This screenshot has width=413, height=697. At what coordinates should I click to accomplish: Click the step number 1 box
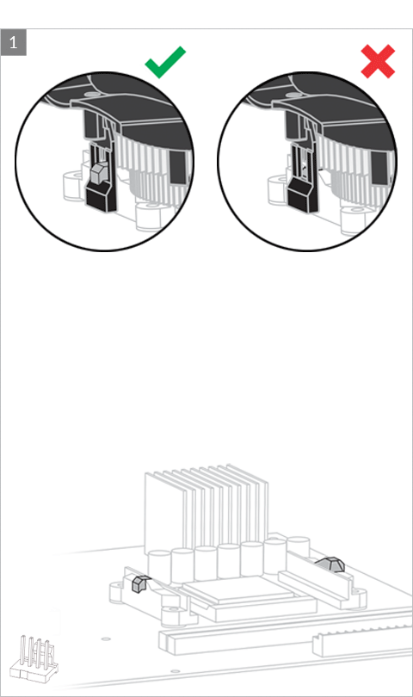pos(14,42)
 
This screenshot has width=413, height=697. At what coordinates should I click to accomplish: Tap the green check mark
pos(165,62)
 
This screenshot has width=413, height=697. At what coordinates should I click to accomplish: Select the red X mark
pos(378,61)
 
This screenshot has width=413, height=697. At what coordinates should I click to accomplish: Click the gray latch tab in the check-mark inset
pos(98,172)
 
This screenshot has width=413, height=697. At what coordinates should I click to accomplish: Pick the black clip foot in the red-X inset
pos(301,194)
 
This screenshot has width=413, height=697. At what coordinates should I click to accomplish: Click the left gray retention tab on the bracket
pos(139,583)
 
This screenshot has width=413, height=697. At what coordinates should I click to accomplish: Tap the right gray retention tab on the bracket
pos(331,564)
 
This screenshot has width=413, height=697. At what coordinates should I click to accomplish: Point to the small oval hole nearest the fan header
pos(106,638)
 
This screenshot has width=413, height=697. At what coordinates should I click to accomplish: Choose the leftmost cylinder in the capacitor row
pos(159,567)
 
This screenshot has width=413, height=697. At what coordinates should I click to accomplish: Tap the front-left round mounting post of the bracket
pos(172,616)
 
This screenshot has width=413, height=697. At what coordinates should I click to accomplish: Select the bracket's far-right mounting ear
pos(358,595)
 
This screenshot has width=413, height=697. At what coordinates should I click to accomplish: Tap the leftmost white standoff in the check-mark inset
pos(73,187)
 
